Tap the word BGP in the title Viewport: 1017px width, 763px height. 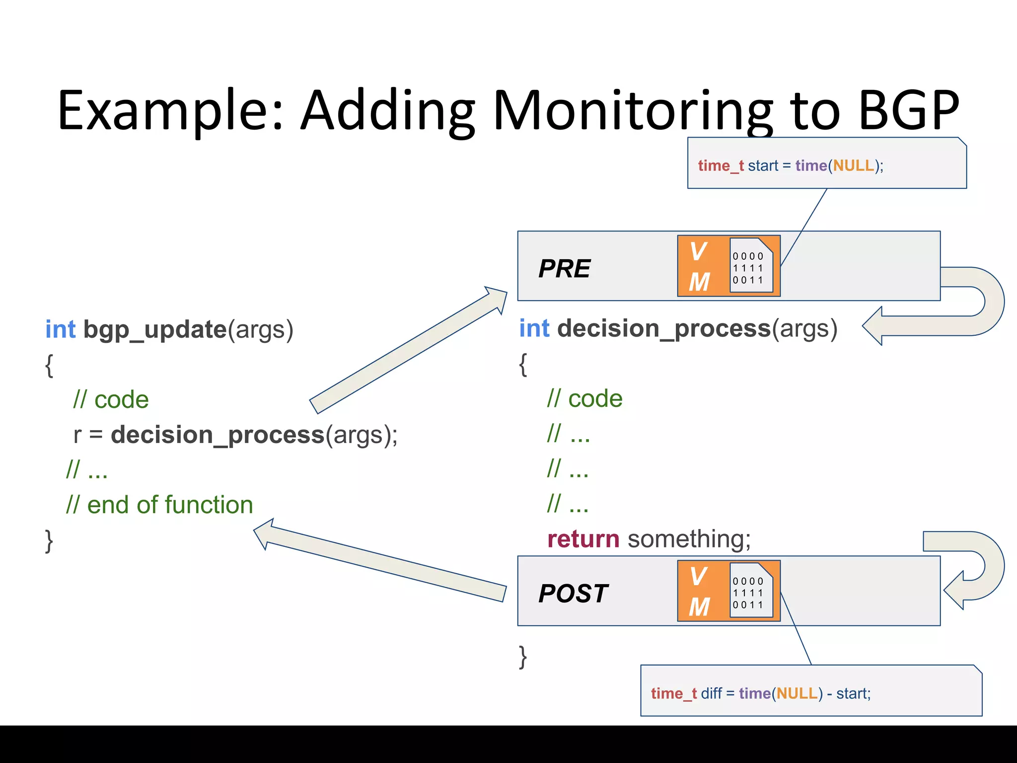pos(909,110)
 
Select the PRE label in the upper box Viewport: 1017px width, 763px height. pos(565,269)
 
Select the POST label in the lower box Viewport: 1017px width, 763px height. pos(573,593)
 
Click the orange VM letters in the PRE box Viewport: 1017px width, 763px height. pos(700,267)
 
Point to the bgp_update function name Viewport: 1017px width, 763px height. pos(155,329)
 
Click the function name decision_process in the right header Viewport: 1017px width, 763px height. pos(663,328)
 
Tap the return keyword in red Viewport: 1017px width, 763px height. pos(583,539)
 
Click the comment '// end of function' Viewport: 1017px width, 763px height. pos(159,505)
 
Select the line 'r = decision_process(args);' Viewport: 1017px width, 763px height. pos(235,435)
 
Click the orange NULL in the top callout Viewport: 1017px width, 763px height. pos(853,165)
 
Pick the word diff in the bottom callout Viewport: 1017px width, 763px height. pos(711,693)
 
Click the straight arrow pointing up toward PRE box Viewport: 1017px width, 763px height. pos(407,351)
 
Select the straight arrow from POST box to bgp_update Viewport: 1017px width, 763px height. pos(380,560)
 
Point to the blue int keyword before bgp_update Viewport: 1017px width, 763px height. pos(61,329)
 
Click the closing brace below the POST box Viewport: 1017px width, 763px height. pos(522,657)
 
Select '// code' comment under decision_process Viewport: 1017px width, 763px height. pos(584,398)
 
